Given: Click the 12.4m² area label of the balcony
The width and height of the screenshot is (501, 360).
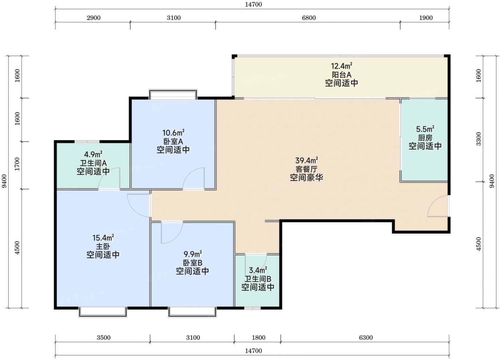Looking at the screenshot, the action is pyautogui.click(x=342, y=66).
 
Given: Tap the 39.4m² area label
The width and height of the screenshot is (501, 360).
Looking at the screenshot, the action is pyautogui.click(x=307, y=160).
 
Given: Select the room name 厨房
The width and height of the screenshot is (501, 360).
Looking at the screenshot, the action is pyautogui.click(x=425, y=138).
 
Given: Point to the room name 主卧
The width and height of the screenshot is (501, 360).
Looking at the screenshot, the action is pyautogui.click(x=103, y=246).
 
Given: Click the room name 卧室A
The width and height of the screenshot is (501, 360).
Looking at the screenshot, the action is pyautogui.click(x=173, y=141).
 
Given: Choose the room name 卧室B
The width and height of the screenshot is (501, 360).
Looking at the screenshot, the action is pyautogui.click(x=193, y=263).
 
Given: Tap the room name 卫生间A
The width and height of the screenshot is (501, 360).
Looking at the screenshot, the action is pyautogui.click(x=93, y=163).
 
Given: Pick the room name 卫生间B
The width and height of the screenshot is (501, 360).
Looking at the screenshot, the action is pyautogui.click(x=258, y=279).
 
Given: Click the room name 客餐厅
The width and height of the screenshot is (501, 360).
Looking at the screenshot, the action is pyautogui.click(x=307, y=169).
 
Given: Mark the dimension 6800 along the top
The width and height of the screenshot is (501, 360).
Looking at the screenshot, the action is pyautogui.click(x=309, y=18).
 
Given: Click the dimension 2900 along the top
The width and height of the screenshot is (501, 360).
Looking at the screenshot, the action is pyautogui.click(x=94, y=18).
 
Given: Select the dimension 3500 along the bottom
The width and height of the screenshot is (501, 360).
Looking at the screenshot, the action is pyautogui.click(x=103, y=337).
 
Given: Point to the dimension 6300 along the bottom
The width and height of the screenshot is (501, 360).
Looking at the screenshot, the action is pyautogui.click(x=366, y=337).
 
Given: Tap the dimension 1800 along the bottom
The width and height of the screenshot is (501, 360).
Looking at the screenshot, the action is pyautogui.click(x=259, y=337).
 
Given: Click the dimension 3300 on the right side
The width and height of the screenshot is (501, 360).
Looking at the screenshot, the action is pyautogui.click(x=478, y=139).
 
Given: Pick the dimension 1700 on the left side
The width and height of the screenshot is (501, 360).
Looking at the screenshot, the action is pyautogui.click(x=17, y=164).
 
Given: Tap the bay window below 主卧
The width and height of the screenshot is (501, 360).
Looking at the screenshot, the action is pyautogui.click(x=103, y=312).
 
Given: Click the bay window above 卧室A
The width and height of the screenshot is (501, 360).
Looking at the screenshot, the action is pyautogui.click(x=173, y=94).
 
